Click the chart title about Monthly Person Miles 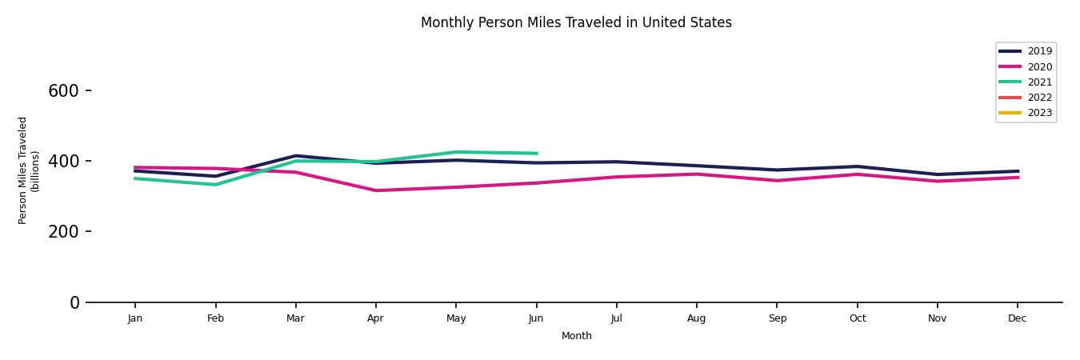tap(576, 22)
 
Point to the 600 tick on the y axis tap(63, 91)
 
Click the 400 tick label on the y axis tap(63, 162)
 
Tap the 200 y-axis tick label tap(63, 232)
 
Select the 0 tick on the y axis tap(75, 302)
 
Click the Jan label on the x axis tap(135, 318)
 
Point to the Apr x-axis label tap(375, 318)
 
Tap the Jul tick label tap(616, 318)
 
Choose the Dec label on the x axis tap(1017, 318)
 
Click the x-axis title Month tap(576, 336)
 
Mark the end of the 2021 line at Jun tap(536, 154)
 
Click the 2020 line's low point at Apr tap(375, 190)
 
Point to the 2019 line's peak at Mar tap(295, 156)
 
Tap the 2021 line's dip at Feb tap(215, 185)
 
